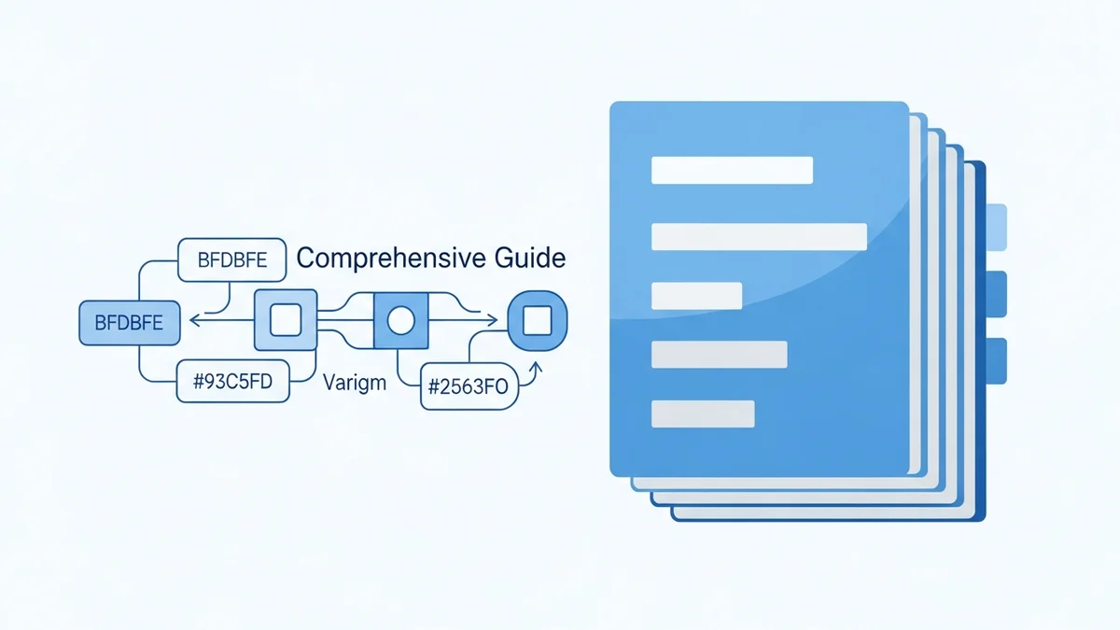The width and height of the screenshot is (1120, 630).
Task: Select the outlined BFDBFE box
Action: pos(231,261)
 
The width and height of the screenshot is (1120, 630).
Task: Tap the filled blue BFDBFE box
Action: pos(129,323)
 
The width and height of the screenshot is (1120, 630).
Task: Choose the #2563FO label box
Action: pos(469,387)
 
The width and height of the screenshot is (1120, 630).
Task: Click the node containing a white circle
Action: pos(400,322)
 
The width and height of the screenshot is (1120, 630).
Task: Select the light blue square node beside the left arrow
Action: pos(285,321)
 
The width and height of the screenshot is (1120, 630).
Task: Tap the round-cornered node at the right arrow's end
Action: pos(537,322)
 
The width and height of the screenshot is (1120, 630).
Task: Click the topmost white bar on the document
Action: pos(732,170)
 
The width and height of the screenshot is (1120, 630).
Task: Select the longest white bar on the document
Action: pos(759,236)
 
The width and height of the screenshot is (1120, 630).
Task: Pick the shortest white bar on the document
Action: pos(696,295)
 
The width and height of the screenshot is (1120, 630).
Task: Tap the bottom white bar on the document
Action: pos(702,413)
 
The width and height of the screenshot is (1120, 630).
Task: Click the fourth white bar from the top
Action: pos(719,355)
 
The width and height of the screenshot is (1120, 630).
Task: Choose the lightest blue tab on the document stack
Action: pos(996,228)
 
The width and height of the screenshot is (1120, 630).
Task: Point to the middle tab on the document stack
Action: pos(996,294)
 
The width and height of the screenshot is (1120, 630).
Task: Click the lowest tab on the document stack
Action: pos(996,360)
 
